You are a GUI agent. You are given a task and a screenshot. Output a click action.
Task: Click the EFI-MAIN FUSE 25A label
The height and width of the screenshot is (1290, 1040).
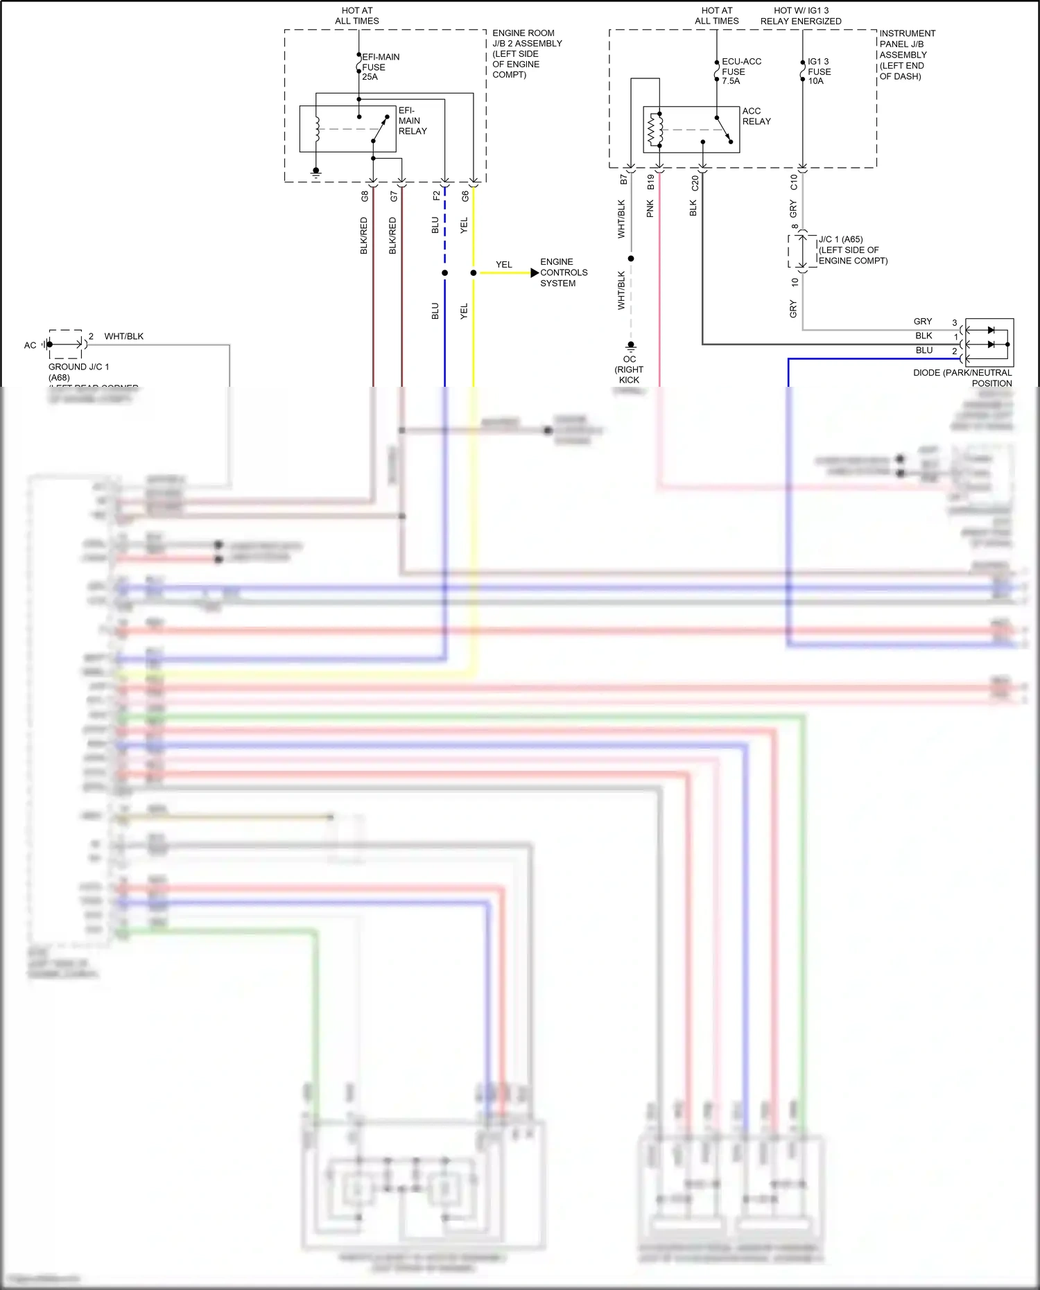tap(379, 67)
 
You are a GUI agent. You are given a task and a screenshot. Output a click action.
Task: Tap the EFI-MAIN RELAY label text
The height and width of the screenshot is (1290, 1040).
tap(412, 121)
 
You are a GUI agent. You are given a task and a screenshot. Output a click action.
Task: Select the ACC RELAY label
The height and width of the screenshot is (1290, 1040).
tap(756, 116)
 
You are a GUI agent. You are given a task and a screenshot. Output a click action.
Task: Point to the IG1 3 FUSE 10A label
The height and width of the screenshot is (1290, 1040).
tap(819, 71)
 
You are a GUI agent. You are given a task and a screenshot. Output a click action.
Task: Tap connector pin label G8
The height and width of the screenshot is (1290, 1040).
tap(365, 196)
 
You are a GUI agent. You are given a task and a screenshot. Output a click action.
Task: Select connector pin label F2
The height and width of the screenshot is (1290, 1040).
tap(436, 196)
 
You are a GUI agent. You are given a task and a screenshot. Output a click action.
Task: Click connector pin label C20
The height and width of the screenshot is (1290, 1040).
tap(695, 183)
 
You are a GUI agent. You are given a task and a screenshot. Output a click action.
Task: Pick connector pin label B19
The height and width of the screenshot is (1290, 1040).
tap(650, 182)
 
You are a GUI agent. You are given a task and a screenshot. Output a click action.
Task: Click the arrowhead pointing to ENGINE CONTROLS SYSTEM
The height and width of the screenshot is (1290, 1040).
tap(534, 273)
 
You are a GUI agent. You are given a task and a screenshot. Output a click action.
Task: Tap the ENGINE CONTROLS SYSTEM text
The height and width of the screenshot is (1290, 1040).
tap(563, 272)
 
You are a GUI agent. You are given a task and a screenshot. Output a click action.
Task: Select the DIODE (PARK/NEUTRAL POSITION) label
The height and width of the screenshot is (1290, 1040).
tap(964, 378)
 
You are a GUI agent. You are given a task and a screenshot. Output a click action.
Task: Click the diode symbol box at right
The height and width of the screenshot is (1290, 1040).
tap(989, 342)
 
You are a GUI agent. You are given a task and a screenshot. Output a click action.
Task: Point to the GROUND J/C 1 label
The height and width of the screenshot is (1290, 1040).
tap(78, 367)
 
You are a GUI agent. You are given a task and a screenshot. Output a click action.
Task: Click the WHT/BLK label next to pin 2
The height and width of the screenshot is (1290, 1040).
tap(123, 336)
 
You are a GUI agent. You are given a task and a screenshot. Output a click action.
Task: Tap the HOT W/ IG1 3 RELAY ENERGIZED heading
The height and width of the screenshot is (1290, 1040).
tap(801, 16)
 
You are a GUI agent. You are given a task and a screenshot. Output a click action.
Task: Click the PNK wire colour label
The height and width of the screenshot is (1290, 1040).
tap(650, 209)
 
